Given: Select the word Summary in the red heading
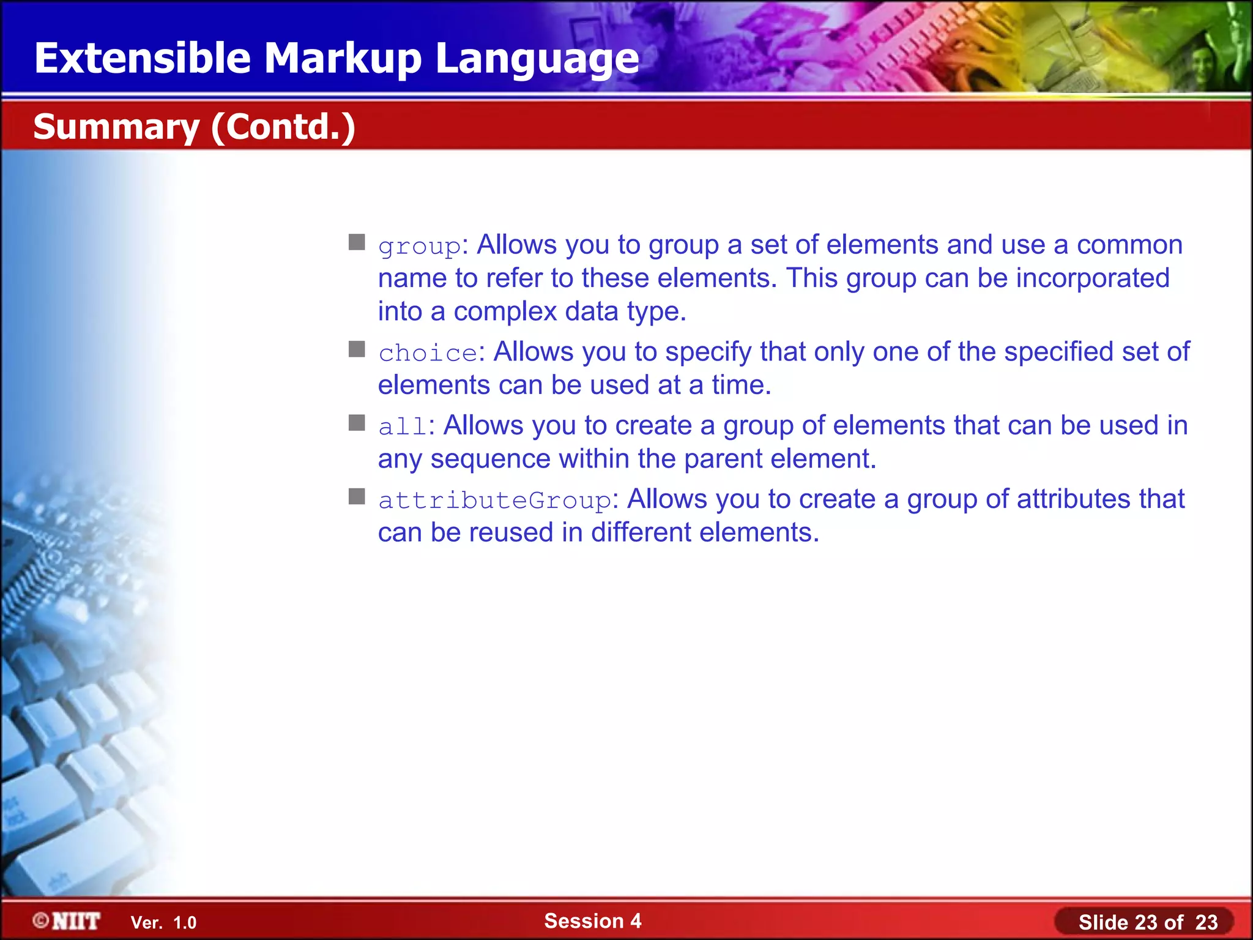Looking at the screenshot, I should point(116,127).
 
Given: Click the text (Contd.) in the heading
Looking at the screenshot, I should point(283,127).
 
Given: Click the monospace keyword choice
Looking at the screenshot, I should point(427,353).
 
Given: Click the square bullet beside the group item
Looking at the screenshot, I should point(357,242).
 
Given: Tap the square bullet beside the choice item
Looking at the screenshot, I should point(357,349).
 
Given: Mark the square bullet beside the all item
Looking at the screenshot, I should point(357,423).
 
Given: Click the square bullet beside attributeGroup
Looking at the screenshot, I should point(357,496).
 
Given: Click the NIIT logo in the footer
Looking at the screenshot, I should point(67,921).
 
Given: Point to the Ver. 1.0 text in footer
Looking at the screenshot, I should point(163,923).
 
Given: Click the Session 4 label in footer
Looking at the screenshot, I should point(592,921).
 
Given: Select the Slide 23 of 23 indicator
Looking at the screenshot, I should point(1147,922).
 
